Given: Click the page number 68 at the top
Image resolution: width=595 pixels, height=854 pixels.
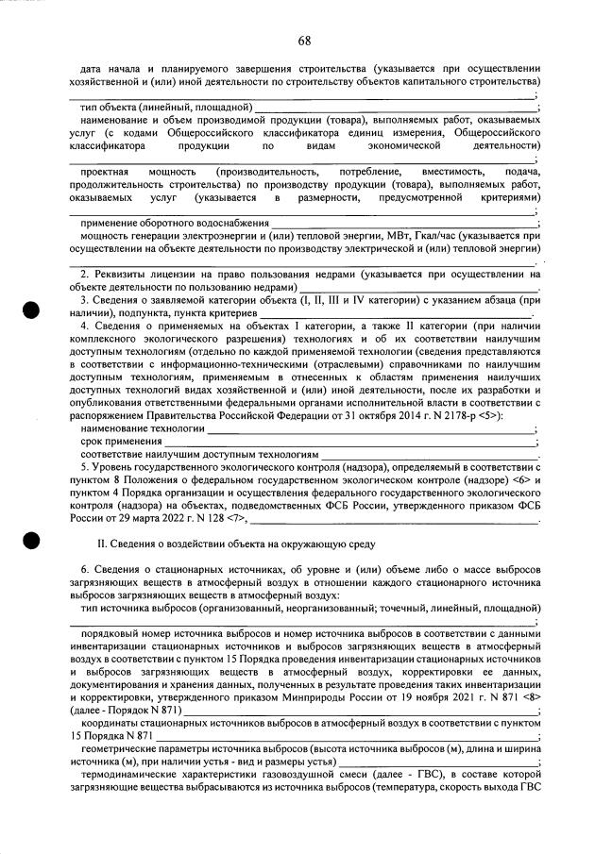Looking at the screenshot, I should (x=304, y=40).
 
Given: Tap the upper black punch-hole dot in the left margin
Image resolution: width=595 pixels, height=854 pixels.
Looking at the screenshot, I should (x=32, y=310).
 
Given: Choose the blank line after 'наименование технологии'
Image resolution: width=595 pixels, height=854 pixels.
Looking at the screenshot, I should (x=368, y=428).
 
